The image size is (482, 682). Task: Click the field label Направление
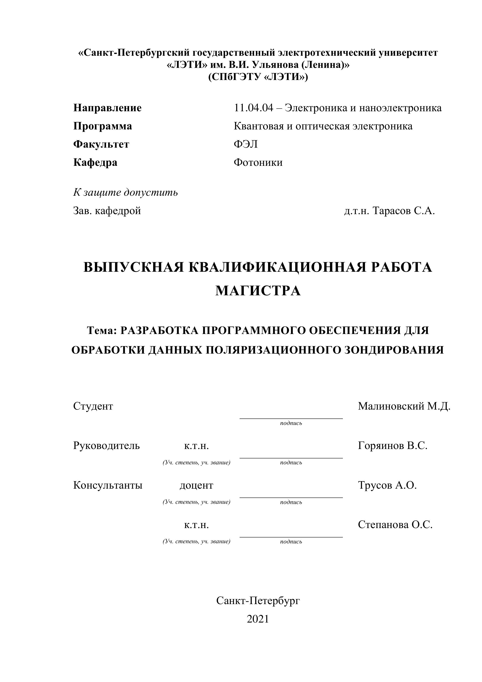point(107,108)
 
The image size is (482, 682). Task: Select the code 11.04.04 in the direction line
point(253,108)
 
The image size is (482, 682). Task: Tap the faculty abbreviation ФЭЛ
point(245,144)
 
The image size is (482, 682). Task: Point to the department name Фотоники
point(258,163)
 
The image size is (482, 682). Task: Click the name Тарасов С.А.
point(403,211)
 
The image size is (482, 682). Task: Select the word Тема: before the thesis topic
point(102,330)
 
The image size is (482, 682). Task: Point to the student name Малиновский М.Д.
point(404,406)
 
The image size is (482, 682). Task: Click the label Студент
point(93,406)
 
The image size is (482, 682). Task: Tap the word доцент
point(196,485)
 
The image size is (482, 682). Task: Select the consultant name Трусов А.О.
point(387,485)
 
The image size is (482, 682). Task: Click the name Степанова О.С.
point(395,525)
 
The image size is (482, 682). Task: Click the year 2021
point(258,619)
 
